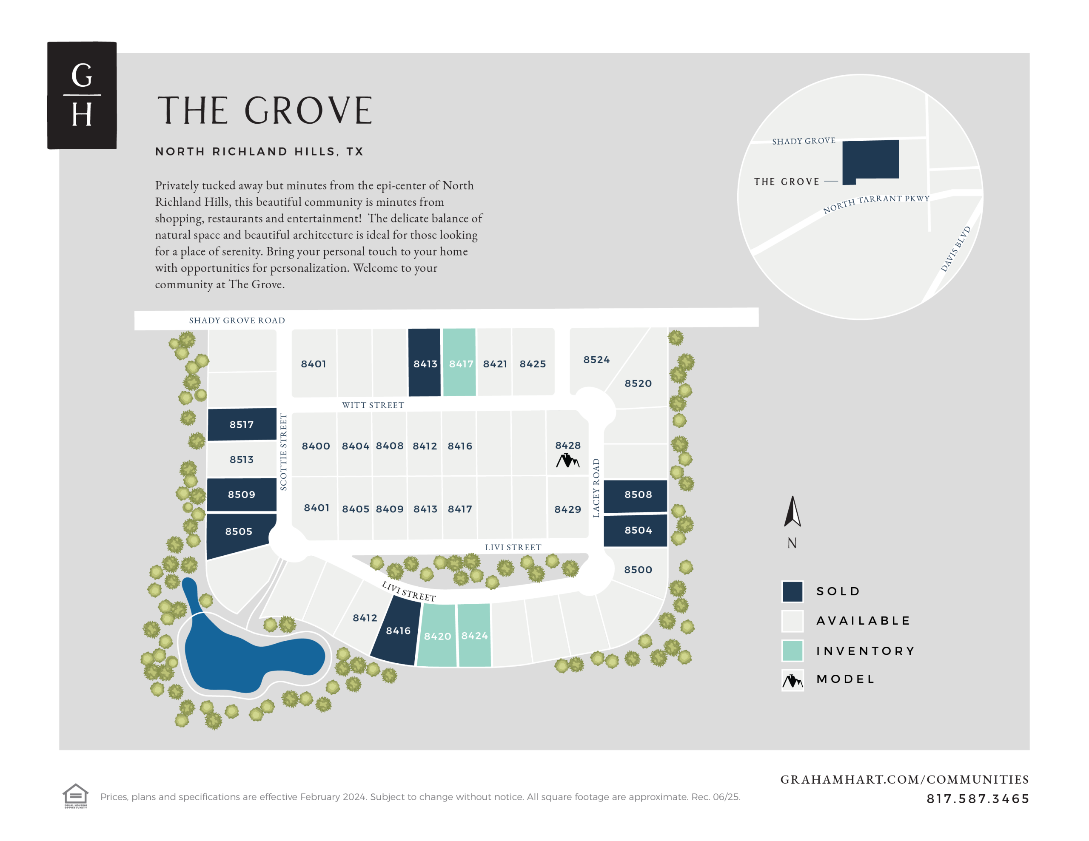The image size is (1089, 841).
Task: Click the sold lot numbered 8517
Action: (x=241, y=424)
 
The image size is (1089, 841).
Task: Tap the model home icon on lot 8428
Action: (x=567, y=460)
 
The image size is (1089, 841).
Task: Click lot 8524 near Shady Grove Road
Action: (x=596, y=359)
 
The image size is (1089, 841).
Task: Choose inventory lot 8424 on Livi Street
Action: (x=474, y=635)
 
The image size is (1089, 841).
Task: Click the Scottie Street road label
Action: (x=283, y=452)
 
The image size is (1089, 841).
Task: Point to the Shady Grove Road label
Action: (x=237, y=320)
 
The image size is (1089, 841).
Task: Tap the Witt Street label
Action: (x=373, y=405)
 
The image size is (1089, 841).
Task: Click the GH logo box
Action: (x=82, y=95)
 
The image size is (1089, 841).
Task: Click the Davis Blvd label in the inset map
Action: (x=955, y=249)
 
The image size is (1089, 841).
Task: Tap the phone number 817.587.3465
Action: (x=977, y=798)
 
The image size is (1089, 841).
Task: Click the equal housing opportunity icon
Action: (x=75, y=795)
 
